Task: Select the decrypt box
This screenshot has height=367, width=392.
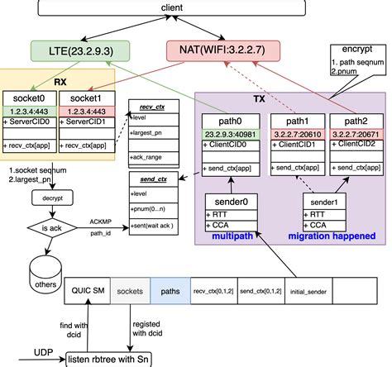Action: coord(49,198)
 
